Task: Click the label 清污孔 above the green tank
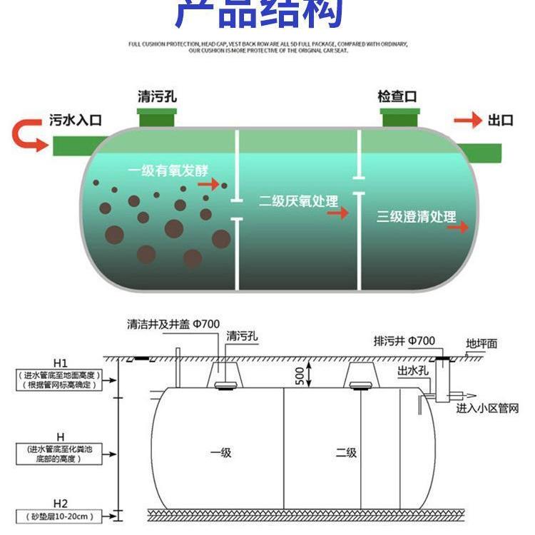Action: (x=156, y=96)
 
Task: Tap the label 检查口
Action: (x=397, y=96)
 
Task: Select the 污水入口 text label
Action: (x=76, y=120)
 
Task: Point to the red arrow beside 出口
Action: (x=468, y=120)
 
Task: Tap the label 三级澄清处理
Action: (x=416, y=217)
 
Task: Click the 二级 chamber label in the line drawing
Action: (x=346, y=452)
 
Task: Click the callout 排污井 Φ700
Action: (x=404, y=341)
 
